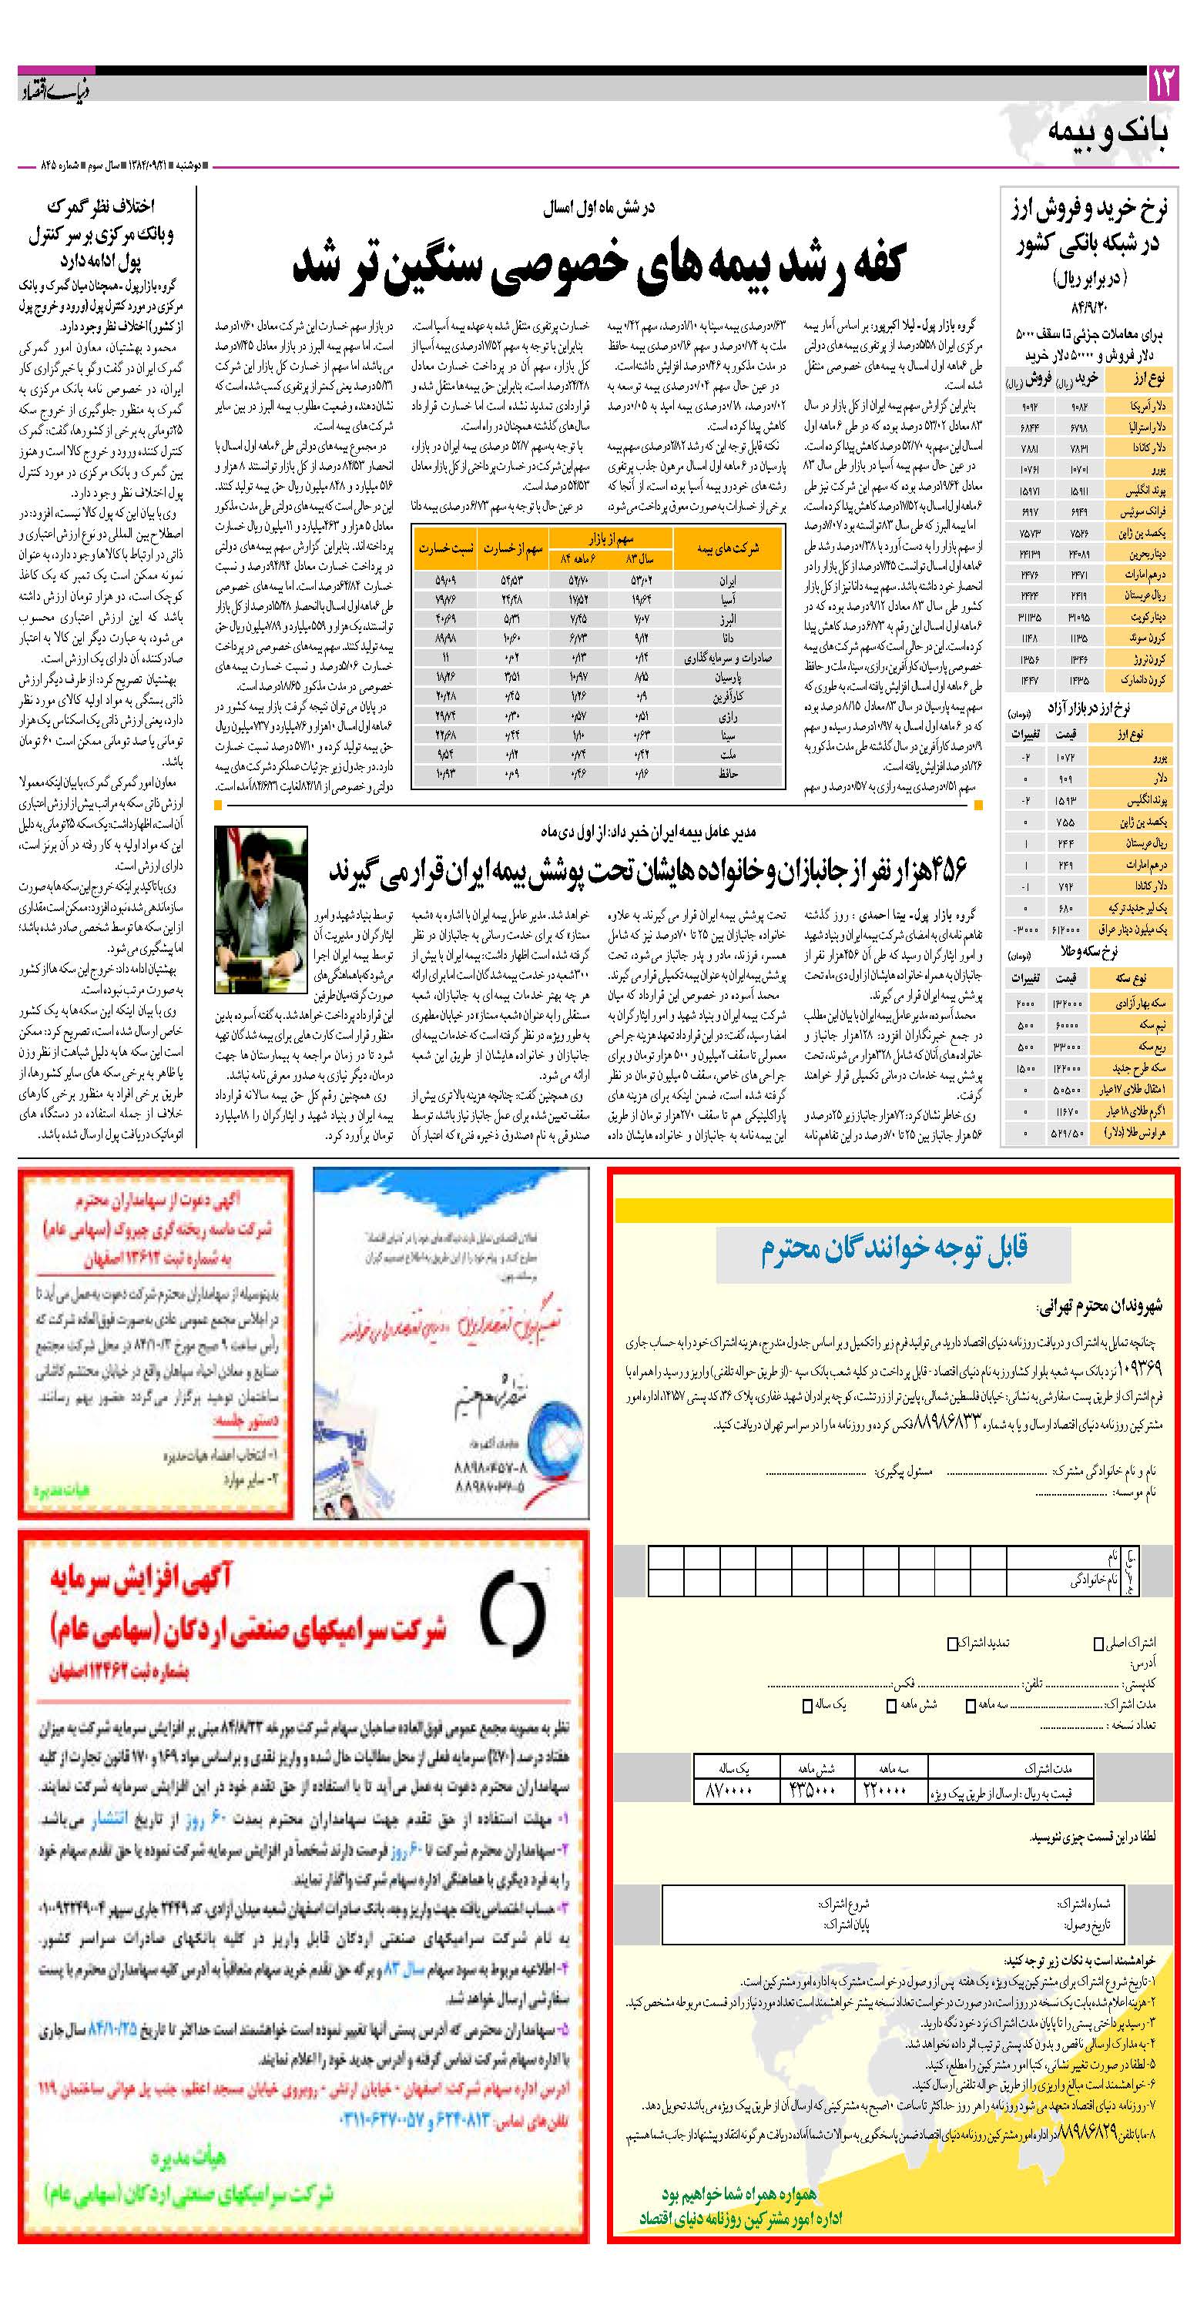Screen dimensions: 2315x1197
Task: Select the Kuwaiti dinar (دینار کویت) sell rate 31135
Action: pyautogui.click(x=1029, y=617)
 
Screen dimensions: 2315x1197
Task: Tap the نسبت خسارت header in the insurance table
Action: pyautogui.click(x=446, y=548)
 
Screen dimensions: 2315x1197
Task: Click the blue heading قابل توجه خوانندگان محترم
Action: pyautogui.click(x=894, y=1248)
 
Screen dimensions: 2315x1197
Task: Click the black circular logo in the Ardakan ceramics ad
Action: pyautogui.click(x=512, y=1612)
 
